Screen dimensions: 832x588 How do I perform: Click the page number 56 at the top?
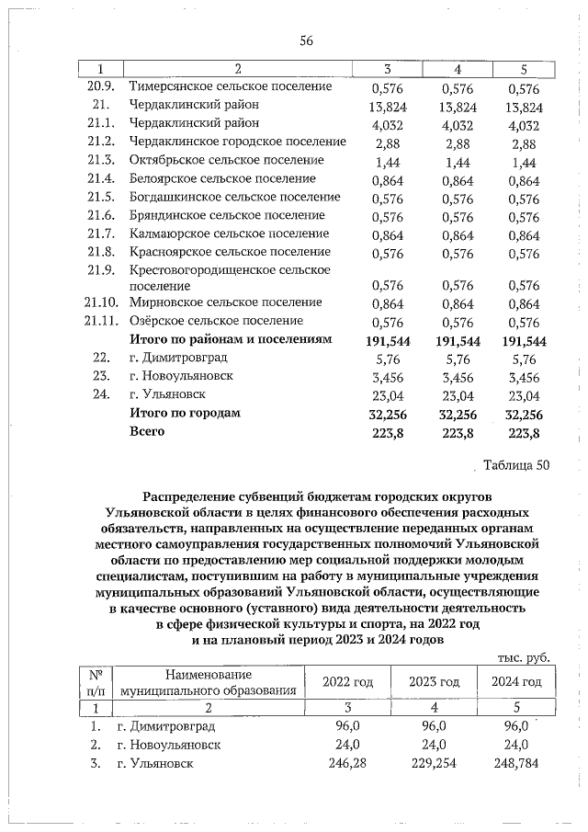pos(307,40)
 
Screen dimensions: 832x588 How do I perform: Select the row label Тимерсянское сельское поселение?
pos(231,86)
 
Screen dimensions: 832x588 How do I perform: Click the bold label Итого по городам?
pos(185,414)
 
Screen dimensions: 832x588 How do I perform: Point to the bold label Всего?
pos(147,431)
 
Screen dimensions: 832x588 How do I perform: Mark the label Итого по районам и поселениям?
pos(229,339)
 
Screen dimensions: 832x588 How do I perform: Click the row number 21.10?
pos(101,302)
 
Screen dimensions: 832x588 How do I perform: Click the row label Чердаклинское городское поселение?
pos(237,142)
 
